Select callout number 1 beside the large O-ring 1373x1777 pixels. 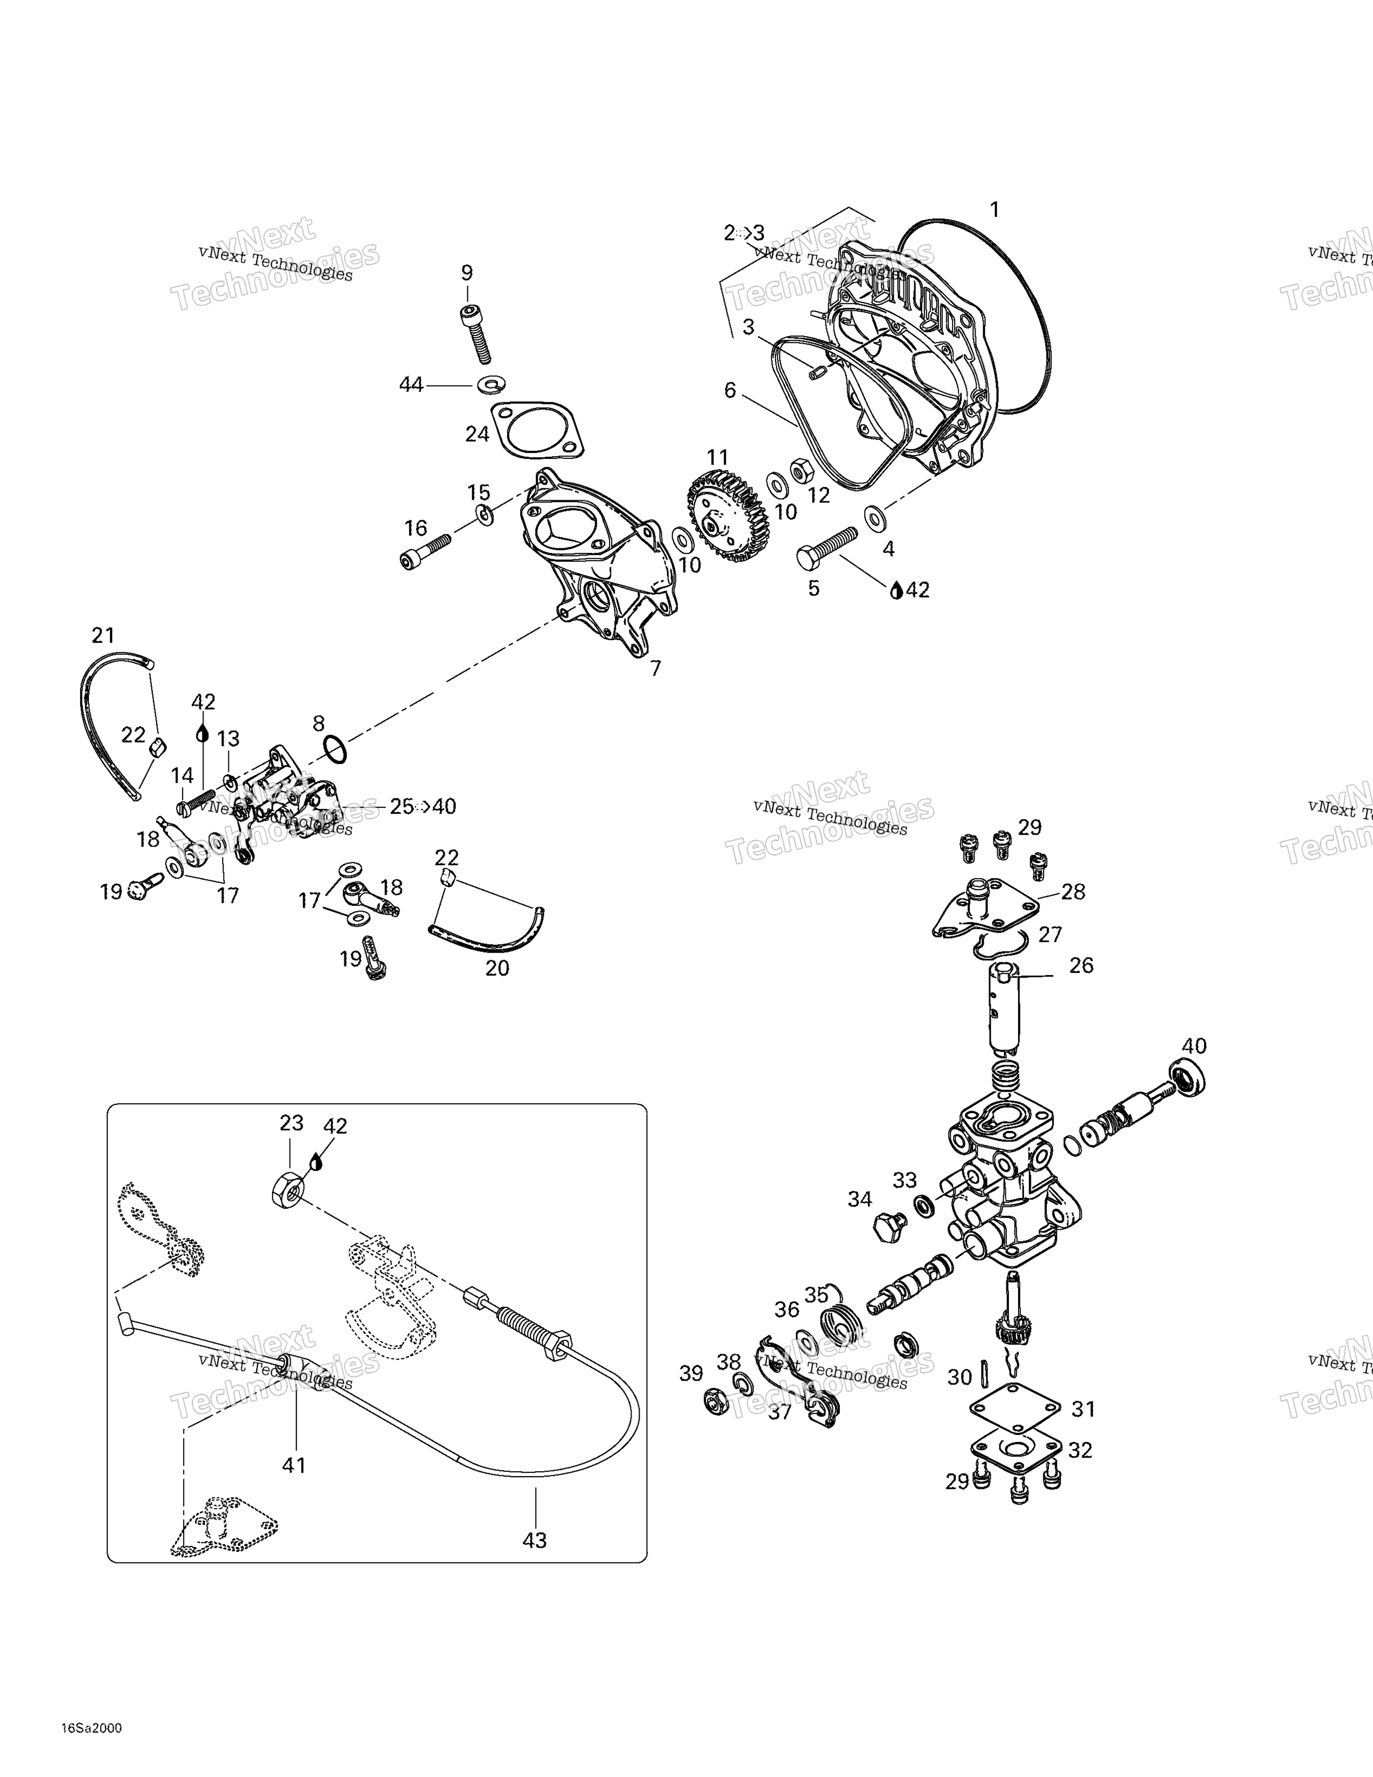coord(993,210)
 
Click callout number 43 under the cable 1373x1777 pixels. coord(535,1540)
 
